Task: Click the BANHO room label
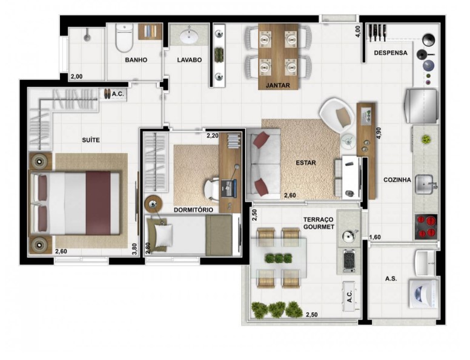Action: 136,60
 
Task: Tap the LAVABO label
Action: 189,60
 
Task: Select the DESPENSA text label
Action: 391,53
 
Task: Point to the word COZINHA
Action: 397,180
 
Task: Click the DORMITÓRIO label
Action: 193,210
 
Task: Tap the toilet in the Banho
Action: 124,38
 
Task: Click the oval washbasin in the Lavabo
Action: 189,37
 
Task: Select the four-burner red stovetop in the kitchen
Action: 426,227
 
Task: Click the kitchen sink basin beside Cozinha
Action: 423,184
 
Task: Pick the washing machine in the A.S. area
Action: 424,293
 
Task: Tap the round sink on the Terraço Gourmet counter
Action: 348,236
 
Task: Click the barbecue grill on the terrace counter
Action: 349,261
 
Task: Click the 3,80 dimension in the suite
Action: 134,249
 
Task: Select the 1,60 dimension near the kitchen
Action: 375,237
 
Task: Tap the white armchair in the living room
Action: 337,115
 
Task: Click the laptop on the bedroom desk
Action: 229,188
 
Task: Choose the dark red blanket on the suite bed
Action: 98,203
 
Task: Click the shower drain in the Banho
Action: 87,38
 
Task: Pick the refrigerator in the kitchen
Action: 421,106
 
